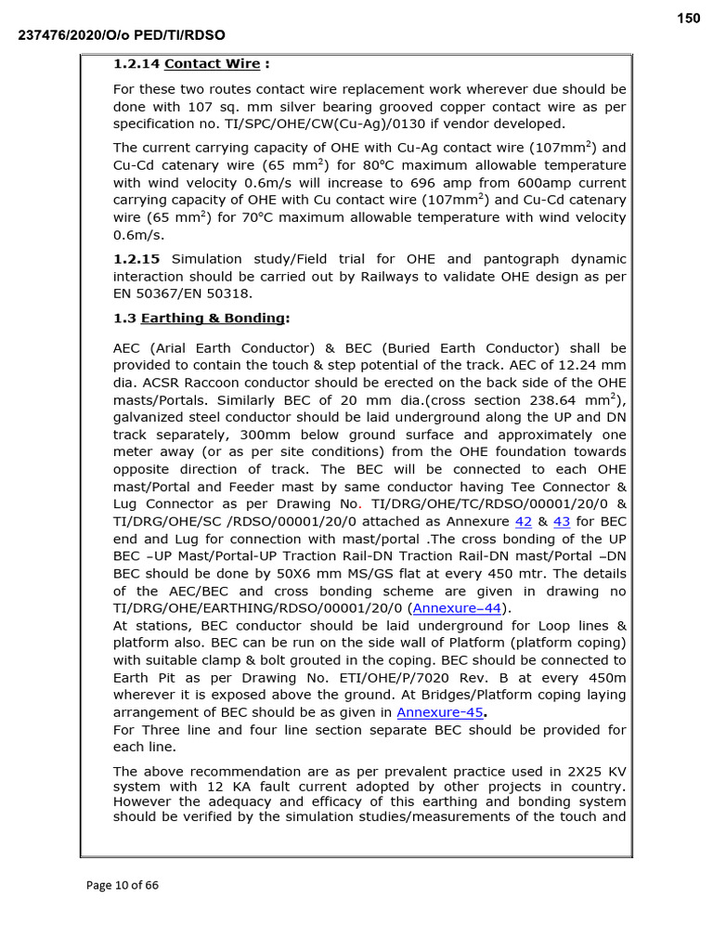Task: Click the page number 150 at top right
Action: [x=688, y=19]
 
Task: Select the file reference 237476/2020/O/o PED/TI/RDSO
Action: [x=122, y=35]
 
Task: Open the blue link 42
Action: [x=523, y=521]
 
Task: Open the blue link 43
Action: [x=562, y=521]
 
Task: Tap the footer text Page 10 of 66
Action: [x=122, y=885]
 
